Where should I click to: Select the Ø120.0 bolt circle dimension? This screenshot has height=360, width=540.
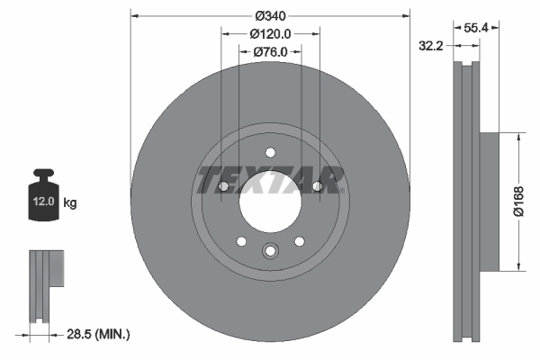tap(270, 33)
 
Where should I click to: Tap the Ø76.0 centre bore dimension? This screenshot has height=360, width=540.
tap(270, 51)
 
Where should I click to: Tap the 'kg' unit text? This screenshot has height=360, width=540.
tap(69, 203)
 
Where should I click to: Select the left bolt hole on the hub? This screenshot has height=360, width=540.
tap(223, 186)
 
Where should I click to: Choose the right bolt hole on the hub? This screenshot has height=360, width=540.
tap(317, 186)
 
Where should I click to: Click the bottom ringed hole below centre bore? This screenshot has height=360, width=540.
tap(270, 253)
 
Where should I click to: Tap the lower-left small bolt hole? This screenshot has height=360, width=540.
tap(241, 240)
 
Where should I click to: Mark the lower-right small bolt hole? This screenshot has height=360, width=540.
tap(299, 240)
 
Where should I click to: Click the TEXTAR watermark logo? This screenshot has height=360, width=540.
tap(270, 179)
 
